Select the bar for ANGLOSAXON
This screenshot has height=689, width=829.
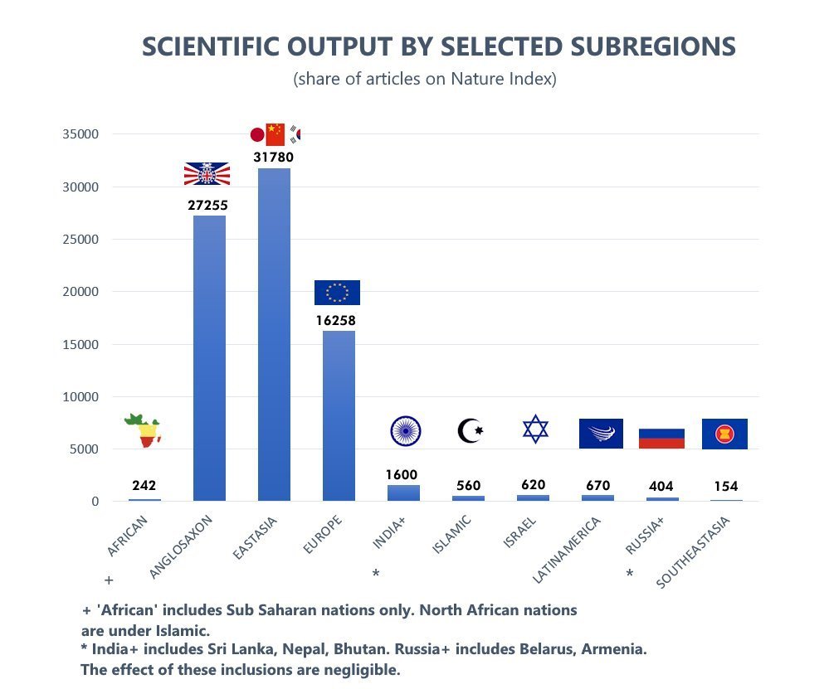tap(209, 357)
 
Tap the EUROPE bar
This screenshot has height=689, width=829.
tap(339, 415)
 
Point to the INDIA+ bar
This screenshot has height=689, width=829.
tap(403, 492)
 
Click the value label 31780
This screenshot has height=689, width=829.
tap(274, 157)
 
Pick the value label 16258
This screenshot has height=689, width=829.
tap(337, 319)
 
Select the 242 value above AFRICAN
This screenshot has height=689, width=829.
tap(144, 486)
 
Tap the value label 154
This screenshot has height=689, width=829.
tap(725, 486)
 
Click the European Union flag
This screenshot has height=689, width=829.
tap(337, 293)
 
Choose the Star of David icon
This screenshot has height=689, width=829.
tap(535, 429)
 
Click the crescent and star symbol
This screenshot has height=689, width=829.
tap(470, 431)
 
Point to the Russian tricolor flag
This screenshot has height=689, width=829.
tap(661, 439)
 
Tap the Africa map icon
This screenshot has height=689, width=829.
tap(144, 430)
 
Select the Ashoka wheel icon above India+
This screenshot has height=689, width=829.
tap(406, 430)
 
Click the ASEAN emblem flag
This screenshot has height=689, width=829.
tap(724, 434)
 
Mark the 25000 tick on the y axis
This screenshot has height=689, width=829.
tap(82, 240)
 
